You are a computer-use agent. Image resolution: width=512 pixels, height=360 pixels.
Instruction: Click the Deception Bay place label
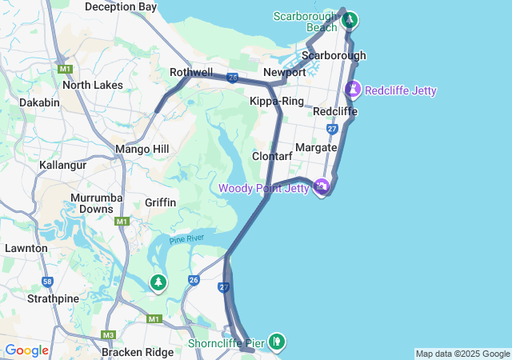click(x=120, y=6)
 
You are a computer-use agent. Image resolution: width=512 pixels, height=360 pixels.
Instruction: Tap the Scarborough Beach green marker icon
click(x=350, y=20)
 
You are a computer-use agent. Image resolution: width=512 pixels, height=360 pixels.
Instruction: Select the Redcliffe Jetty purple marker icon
click(x=353, y=90)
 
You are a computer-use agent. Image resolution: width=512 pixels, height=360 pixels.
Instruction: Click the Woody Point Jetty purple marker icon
click(x=322, y=187)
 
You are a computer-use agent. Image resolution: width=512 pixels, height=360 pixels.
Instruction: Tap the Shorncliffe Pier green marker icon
click(x=276, y=342)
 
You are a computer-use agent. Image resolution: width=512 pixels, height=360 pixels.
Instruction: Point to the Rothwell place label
click(x=191, y=72)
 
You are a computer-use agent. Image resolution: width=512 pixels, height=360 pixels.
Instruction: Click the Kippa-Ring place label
click(x=277, y=102)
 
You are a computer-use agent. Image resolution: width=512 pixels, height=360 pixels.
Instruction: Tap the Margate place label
click(x=316, y=148)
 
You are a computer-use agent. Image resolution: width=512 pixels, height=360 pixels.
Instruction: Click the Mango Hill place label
click(x=142, y=149)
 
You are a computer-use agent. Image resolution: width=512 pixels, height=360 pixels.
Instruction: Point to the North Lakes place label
click(x=93, y=85)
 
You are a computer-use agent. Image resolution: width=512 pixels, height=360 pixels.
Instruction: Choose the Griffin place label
click(x=161, y=202)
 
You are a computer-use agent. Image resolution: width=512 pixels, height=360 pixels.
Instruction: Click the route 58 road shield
click(x=48, y=282)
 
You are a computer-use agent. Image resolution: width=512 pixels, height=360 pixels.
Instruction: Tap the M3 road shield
click(x=109, y=334)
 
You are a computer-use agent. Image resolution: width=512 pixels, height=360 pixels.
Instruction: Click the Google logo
click(x=26, y=350)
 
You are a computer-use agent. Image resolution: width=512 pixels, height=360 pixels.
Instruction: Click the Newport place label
click(x=284, y=72)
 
